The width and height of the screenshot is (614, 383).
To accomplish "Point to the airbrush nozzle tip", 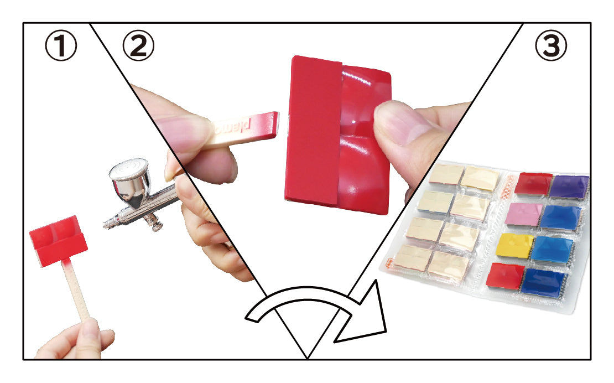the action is click(106, 225).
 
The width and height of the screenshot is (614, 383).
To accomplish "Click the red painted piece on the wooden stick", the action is click(58, 240).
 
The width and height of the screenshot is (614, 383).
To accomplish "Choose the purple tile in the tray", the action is click(569, 187).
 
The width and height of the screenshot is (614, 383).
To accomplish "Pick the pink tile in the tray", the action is click(523, 214).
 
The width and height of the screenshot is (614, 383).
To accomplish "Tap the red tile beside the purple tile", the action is click(533, 183).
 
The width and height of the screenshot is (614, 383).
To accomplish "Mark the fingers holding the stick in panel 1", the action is click(76, 339).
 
